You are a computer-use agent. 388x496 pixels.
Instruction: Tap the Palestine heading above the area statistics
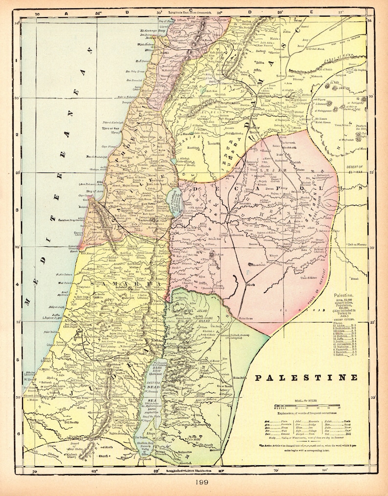(346, 296)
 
